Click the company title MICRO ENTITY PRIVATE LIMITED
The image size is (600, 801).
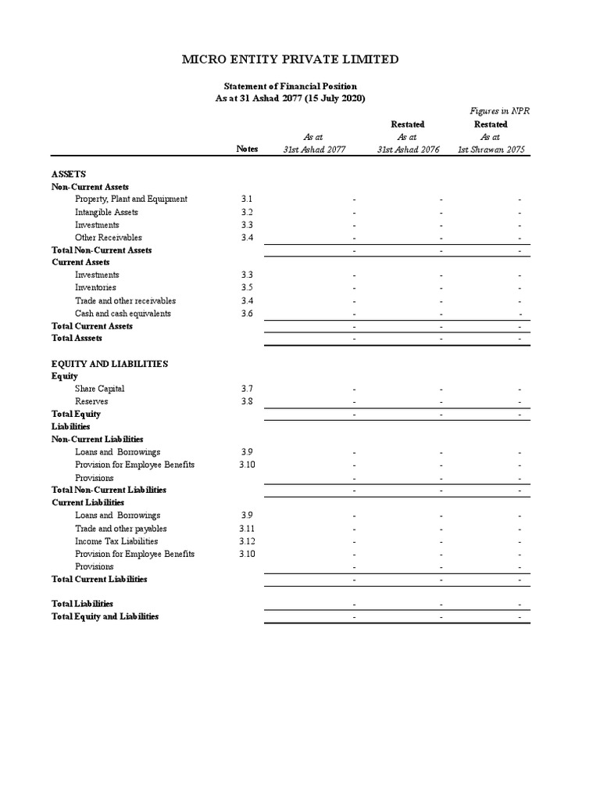point(290,59)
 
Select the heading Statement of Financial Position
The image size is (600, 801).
point(290,86)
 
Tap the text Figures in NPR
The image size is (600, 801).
point(500,111)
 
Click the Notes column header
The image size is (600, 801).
point(247,149)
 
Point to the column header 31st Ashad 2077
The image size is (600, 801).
point(313,149)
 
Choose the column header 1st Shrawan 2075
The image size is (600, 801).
point(491,149)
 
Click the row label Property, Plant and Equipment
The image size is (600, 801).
point(131,199)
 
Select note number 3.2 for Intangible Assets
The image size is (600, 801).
point(247,212)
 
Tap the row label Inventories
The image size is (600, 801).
point(96,288)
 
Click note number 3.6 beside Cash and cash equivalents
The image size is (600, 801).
point(247,314)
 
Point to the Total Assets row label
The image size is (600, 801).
point(77,339)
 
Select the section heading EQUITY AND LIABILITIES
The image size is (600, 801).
point(109,364)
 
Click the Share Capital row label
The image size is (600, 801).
point(99,389)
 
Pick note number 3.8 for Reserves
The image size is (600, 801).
point(247,401)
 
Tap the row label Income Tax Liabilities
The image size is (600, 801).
point(116,541)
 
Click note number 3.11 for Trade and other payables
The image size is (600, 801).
point(247,529)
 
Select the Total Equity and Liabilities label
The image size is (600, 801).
point(105,616)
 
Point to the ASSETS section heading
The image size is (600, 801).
point(69,174)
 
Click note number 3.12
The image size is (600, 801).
point(247,541)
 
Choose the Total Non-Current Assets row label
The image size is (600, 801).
point(102,250)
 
